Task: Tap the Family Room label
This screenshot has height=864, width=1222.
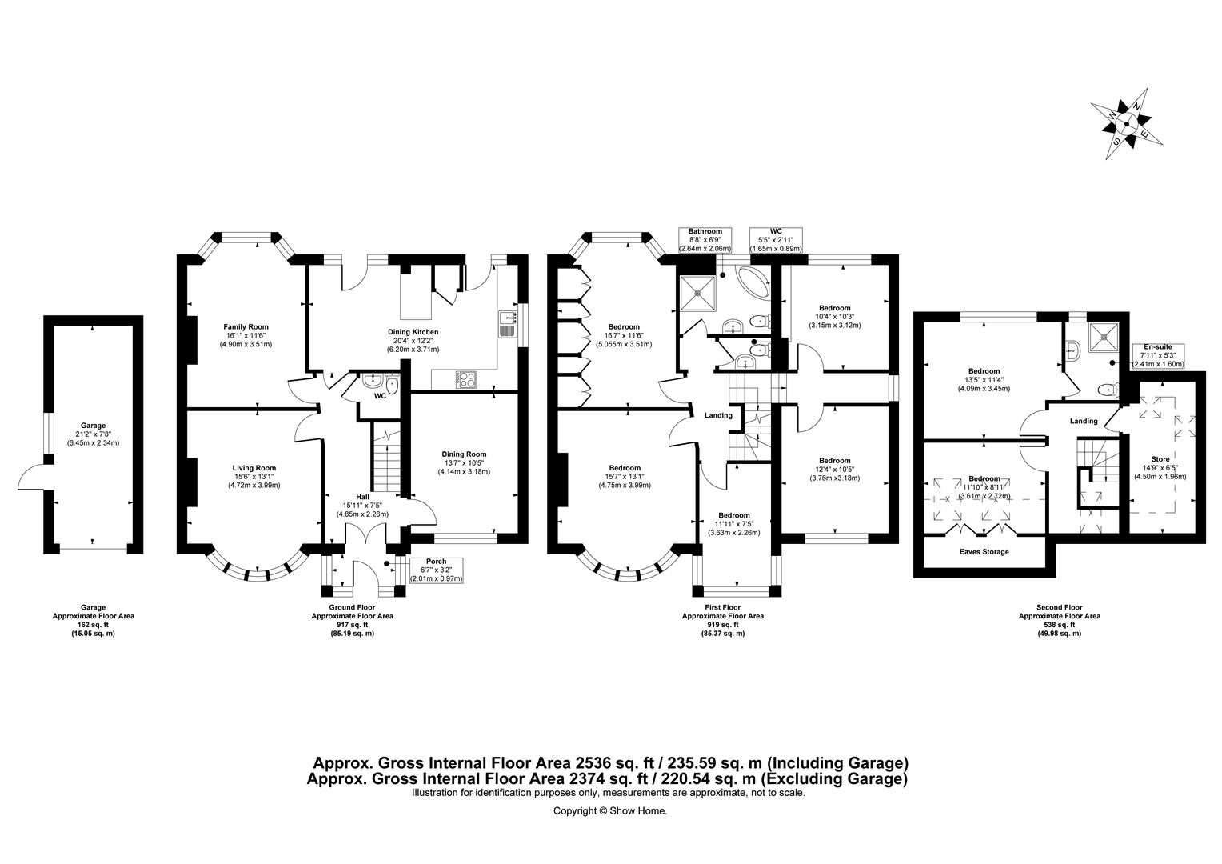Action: click(246, 326)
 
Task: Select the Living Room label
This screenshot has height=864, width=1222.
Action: click(254, 468)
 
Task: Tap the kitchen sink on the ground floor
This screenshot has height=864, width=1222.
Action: click(506, 323)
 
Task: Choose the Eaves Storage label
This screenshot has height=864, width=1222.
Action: click(984, 552)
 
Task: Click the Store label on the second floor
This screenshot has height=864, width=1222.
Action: click(1160, 459)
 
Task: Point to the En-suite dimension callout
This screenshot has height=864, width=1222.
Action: click(1157, 355)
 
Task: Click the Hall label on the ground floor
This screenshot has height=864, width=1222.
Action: click(361, 496)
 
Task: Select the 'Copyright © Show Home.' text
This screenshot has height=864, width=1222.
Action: click(610, 810)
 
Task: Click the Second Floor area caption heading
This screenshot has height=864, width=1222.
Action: click(1059, 606)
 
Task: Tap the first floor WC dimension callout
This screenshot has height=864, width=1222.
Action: click(775, 240)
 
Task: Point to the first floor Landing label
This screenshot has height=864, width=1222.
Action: click(717, 415)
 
